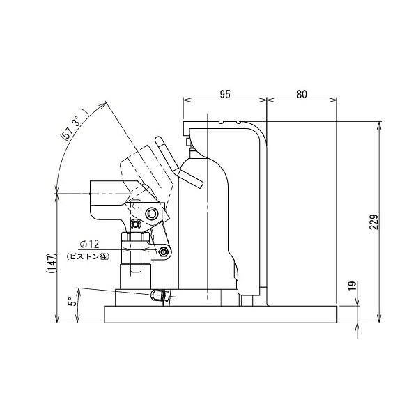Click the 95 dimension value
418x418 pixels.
[225, 94]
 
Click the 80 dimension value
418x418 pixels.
[302, 94]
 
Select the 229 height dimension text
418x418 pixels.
[374, 222]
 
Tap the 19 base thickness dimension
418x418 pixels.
[353, 286]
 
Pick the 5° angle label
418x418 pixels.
[72, 301]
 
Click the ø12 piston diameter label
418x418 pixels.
[89, 244]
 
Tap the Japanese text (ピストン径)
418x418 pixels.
[88, 256]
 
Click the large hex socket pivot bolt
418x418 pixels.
[152, 214]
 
